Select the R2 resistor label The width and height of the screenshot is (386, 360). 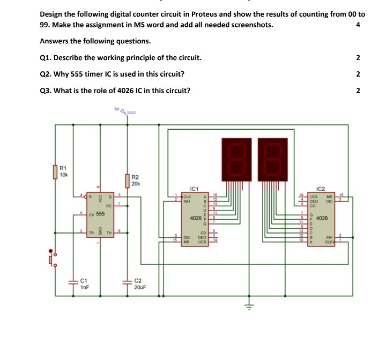(135, 177)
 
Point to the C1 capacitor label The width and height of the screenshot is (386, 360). (84, 280)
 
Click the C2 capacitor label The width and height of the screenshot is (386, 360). (138, 280)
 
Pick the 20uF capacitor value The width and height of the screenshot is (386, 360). (140, 287)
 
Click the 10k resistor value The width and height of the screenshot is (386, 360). (64, 174)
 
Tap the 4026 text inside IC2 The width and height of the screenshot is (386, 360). (323, 219)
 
